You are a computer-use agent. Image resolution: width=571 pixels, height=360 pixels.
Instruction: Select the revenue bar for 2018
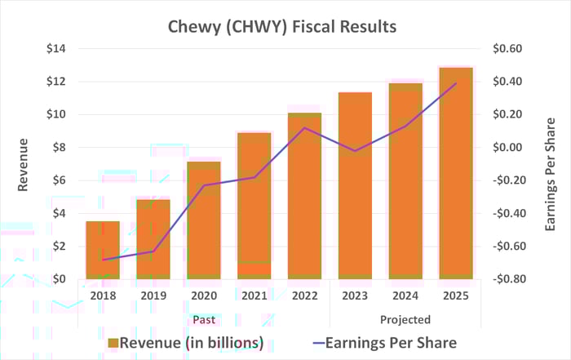coord(103,250)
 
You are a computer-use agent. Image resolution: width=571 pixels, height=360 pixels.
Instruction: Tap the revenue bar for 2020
coord(204,220)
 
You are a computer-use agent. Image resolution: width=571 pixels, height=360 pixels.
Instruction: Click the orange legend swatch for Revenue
coord(113,343)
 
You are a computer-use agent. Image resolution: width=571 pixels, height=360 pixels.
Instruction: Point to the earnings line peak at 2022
coord(304,127)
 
